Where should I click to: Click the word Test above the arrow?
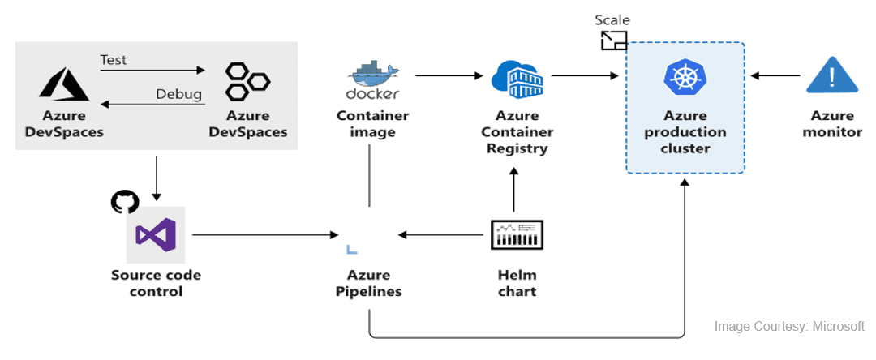114,60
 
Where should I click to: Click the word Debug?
178,94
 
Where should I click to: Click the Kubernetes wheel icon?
685,78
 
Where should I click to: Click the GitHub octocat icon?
124,201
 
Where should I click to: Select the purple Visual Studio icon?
155,235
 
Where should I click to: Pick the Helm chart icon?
517,235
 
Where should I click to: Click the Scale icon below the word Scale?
613,41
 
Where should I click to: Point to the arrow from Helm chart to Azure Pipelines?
444,235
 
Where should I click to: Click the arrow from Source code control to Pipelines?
264,235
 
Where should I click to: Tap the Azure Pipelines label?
368,283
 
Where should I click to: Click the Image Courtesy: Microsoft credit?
788,327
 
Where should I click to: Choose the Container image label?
372,123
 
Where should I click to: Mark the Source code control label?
156,283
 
